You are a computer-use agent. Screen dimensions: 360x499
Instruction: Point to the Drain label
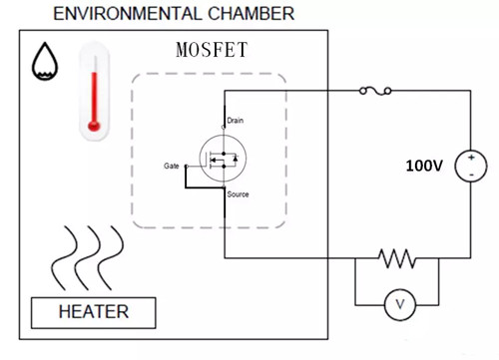coord(236,121)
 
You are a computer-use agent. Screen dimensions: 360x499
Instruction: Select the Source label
coord(238,194)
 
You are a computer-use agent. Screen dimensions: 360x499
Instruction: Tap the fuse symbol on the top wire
coord(373,91)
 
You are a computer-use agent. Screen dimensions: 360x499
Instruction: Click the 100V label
coord(423,165)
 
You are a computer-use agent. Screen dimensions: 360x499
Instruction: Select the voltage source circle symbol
coord(468,166)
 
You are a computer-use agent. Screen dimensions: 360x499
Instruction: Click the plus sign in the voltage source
coord(468,159)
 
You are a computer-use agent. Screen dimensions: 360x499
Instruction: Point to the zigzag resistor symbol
coord(397,258)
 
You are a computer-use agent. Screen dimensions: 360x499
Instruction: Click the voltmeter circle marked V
coord(398,306)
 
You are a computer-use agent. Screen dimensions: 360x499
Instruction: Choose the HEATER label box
coord(94,312)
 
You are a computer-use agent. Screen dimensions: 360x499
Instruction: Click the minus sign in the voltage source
coord(468,174)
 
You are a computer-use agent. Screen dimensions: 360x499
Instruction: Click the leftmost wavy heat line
coord(66,255)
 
